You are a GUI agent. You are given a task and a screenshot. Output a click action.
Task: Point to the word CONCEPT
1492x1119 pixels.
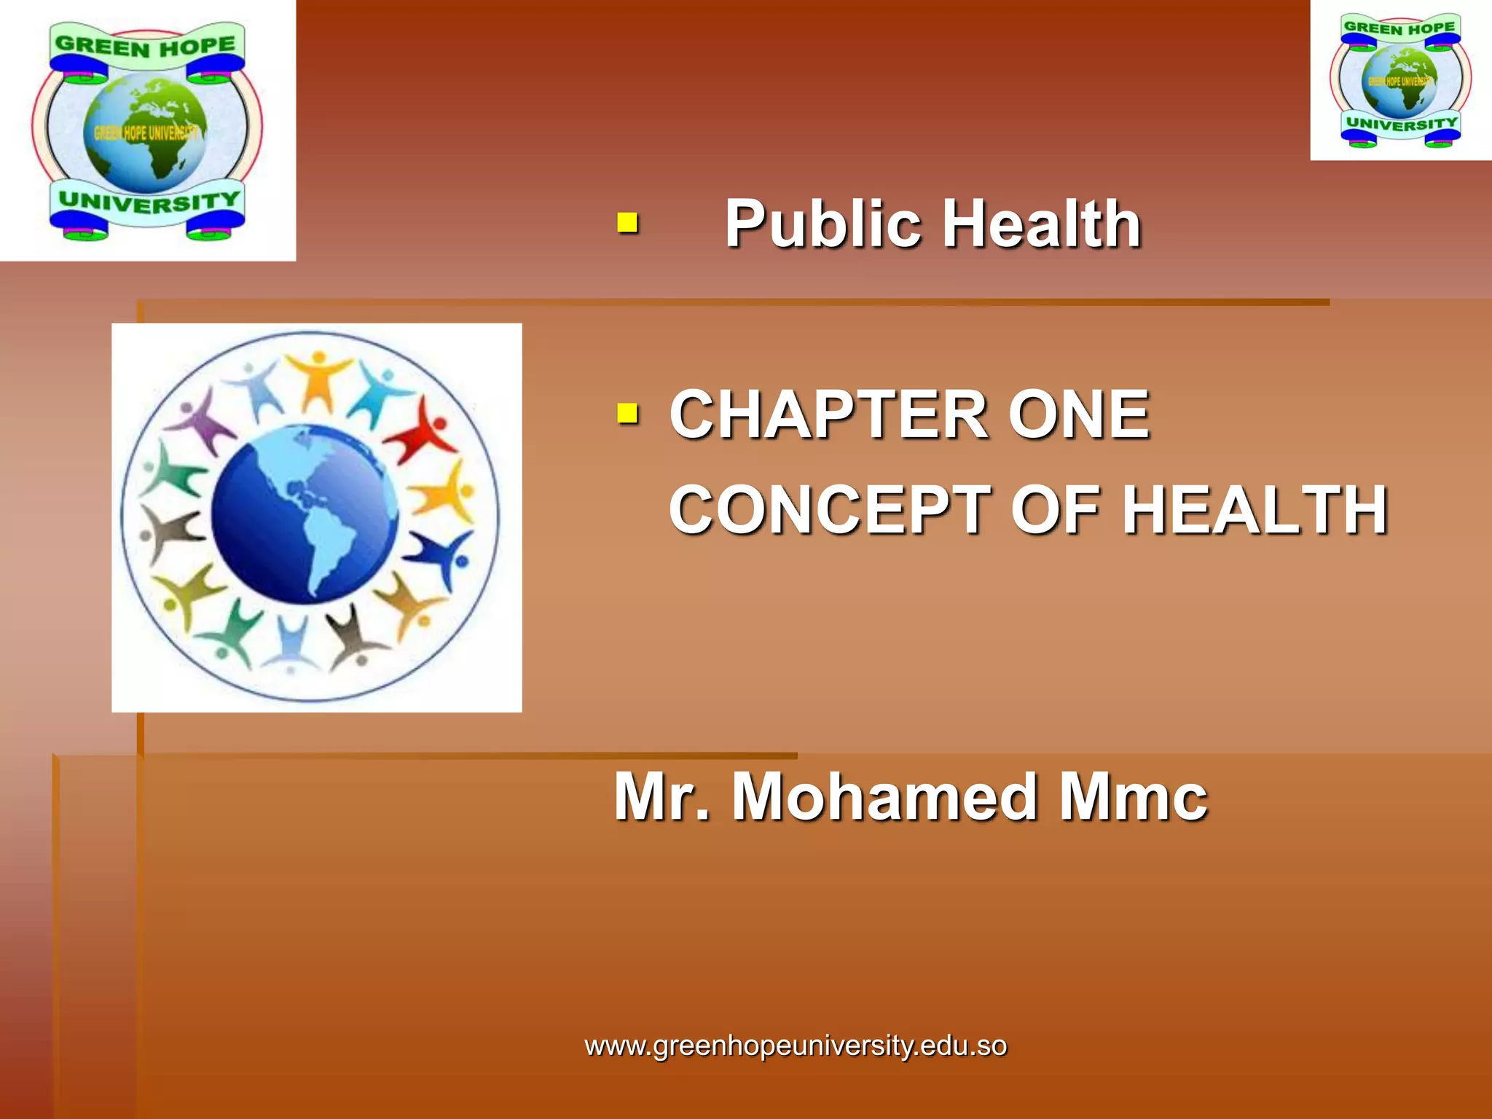(830, 510)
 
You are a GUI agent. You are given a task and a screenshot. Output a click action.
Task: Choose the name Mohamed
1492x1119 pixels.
(886, 797)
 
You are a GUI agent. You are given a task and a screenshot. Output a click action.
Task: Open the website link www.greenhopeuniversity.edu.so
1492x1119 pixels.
(796, 1046)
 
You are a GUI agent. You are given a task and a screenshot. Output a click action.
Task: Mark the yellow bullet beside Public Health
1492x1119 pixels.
(627, 222)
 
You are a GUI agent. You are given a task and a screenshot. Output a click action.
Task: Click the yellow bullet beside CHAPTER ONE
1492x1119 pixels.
(627, 414)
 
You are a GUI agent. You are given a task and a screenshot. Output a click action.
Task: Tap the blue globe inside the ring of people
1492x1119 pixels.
(305, 514)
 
